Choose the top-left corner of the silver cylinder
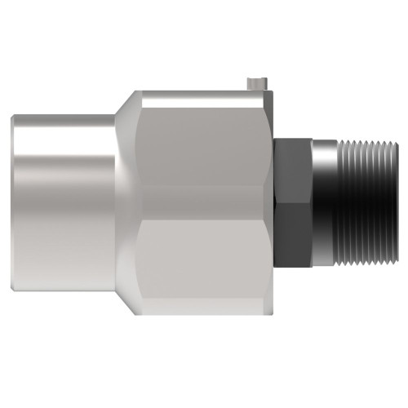click(15, 118)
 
